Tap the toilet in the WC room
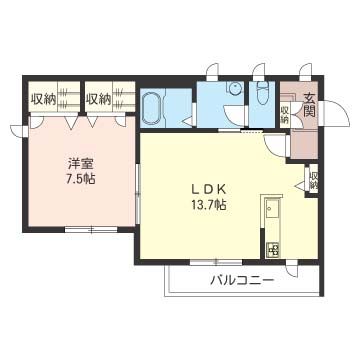[262, 95]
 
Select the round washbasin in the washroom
[235, 88]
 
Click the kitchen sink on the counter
[272, 209]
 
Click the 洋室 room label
[82, 164]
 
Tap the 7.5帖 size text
[80, 179]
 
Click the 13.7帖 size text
[209, 204]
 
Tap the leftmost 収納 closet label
[44, 99]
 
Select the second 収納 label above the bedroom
[98, 99]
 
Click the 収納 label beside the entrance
[285, 114]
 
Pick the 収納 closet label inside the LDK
[313, 181]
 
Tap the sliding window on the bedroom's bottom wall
[91, 229]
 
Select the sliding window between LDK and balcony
[216, 262]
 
